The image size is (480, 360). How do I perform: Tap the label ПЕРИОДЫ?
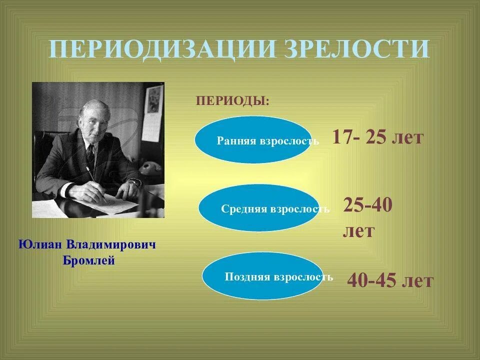[x=232, y=101]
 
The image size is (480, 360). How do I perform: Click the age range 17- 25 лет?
[x=377, y=137]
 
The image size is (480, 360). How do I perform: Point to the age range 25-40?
[x=367, y=205]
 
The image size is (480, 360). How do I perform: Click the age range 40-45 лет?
[x=390, y=280]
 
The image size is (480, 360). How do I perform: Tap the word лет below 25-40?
[x=358, y=231]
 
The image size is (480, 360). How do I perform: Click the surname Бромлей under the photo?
[x=89, y=260]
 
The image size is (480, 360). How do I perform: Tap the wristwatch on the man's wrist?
[x=134, y=183]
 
